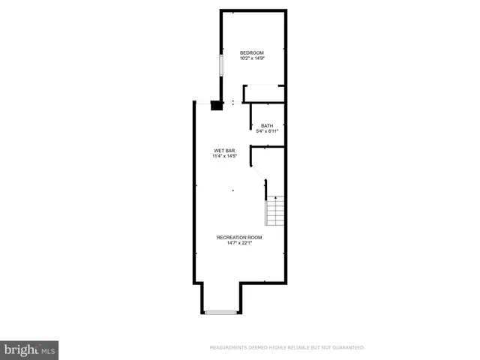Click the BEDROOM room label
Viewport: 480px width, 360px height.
click(252, 52)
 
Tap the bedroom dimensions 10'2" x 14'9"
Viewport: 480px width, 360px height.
click(252, 58)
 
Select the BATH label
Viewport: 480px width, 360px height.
click(267, 125)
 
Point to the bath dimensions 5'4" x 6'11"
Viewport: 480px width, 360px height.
click(267, 131)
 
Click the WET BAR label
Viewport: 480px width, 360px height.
click(225, 151)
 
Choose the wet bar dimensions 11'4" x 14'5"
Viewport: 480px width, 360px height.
click(225, 157)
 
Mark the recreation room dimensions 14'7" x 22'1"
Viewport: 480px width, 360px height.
click(235, 243)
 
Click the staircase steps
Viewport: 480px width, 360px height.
click(275, 212)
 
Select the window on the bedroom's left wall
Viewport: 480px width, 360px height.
click(220, 64)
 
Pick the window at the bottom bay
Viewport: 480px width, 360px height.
click(220, 312)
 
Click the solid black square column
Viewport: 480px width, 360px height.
click(216, 106)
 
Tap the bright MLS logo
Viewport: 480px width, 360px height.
click(29, 349)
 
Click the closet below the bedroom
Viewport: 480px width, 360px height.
click(264, 94)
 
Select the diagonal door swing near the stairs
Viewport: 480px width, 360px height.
click(259, 174)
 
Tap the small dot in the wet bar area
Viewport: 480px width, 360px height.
click(233, 190)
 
